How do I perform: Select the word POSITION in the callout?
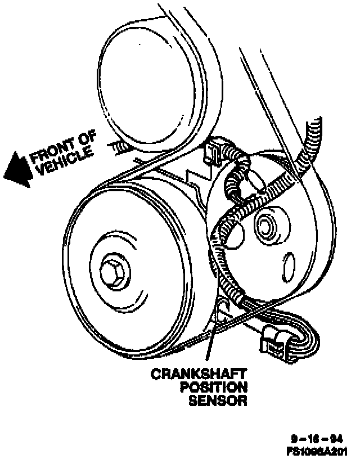click(213, 388)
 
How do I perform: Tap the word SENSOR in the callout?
click(218, 401)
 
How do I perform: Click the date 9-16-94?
click(321, 438)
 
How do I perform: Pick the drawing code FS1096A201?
click(316, 449)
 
